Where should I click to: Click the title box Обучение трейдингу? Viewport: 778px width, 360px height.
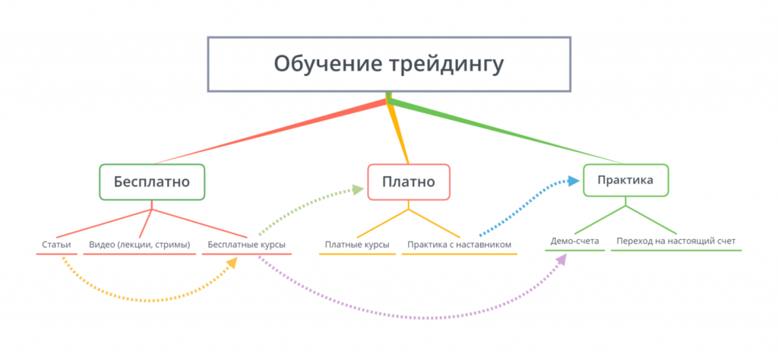click(x=388, y=64)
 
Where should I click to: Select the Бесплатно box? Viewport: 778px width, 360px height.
click(x=152, y=182)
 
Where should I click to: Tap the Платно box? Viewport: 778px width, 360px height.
click(x=409, y=182)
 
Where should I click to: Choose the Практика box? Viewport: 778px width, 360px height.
click(x=626, y=181)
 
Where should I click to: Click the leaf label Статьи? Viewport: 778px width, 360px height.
click(x=56, y=245)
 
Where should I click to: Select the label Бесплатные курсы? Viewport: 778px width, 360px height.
click(x=246, y=245)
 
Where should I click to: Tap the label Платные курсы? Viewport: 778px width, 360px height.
click(x=357, y=245)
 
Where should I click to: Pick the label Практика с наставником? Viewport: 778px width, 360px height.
click(x=459, y=245)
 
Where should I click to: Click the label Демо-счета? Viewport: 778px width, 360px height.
click(x=574, y=242)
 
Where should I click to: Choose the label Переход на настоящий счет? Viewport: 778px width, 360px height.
click(x=675, y=242)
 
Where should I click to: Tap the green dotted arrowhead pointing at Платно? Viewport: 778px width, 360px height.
click(x=356, y=189)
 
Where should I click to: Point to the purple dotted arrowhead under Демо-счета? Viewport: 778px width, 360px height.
click(x=562, y=260)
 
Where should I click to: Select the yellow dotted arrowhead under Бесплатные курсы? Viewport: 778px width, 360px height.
click(x=232, y=263)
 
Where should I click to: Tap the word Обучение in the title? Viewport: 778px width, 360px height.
click(x=319, y=64)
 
